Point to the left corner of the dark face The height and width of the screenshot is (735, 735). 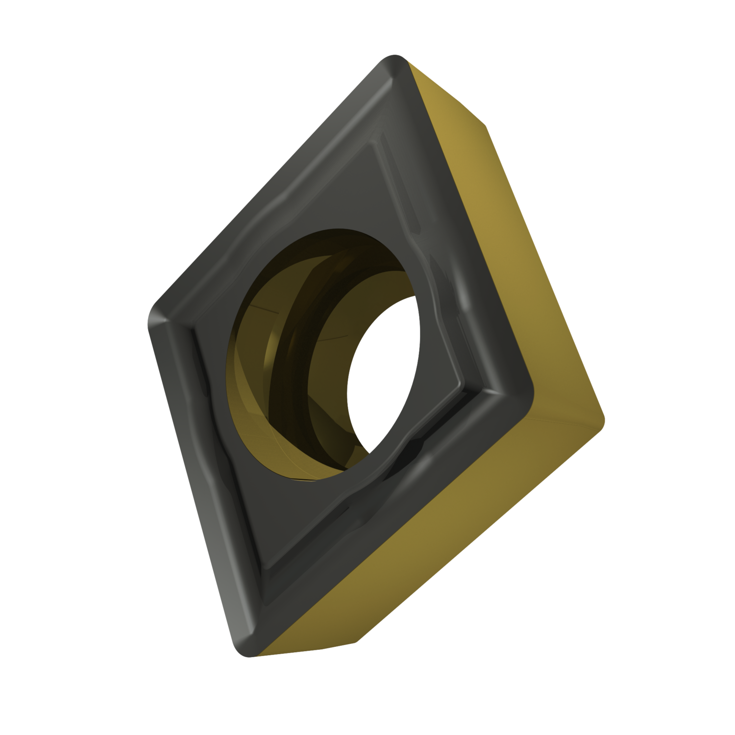coord(152,316)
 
